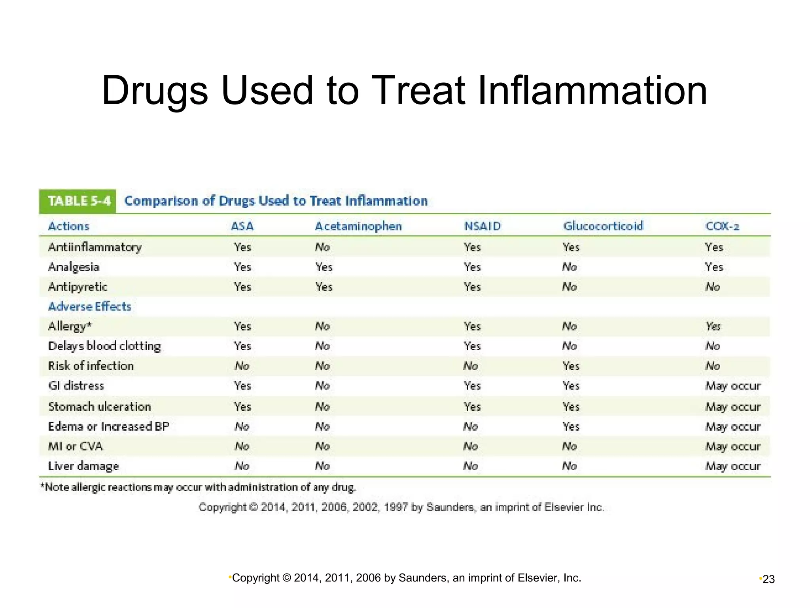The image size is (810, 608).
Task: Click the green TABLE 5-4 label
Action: (78, 201)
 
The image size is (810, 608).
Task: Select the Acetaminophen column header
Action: (358, 226)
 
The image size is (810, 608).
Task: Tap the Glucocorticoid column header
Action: (603, 226)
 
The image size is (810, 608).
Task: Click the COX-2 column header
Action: (722, 226)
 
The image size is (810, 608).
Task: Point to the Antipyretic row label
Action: (78, 287)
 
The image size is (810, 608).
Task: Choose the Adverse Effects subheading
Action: (89, 306)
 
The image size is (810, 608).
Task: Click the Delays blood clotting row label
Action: (104, 346)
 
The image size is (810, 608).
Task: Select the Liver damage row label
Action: (83, 466)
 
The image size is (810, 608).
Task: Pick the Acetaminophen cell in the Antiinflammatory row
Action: (322, 247)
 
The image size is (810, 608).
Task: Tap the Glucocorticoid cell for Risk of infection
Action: (571, 366)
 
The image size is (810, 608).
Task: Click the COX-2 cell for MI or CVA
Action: (733, 446)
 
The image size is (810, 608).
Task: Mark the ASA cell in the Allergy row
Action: (242, 327)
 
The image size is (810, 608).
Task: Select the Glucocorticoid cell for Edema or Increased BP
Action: (571, 426)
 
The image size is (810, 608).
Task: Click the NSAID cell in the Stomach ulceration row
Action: (472, 407)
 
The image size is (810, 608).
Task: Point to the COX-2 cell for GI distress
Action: (733, 386)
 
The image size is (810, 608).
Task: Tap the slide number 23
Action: (768, 579)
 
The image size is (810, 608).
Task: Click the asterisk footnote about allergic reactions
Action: (198, 487)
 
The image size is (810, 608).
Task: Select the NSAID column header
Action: (483, 226)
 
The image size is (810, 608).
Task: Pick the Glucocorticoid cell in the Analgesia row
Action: (570, 267)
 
